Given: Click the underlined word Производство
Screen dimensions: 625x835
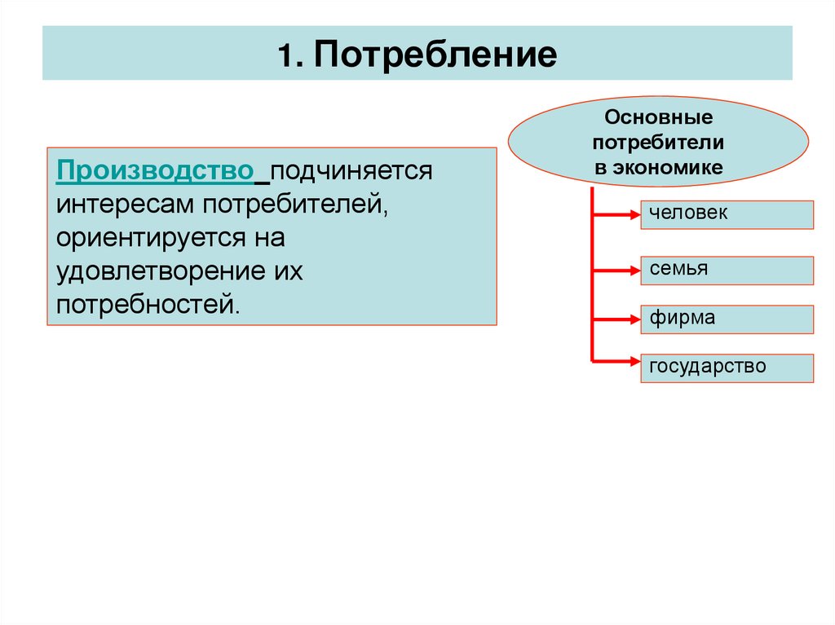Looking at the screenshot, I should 155,172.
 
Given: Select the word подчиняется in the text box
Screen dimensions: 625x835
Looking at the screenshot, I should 351,172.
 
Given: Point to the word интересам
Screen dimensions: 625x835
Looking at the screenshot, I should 124,206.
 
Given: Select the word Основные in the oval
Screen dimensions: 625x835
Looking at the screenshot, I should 659,120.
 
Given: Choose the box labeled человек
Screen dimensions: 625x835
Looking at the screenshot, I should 727,214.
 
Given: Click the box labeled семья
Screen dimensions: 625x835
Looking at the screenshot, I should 727,271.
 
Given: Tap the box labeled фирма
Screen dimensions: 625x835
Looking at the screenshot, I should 727,319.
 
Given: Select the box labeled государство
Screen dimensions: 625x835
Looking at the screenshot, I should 727,368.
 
